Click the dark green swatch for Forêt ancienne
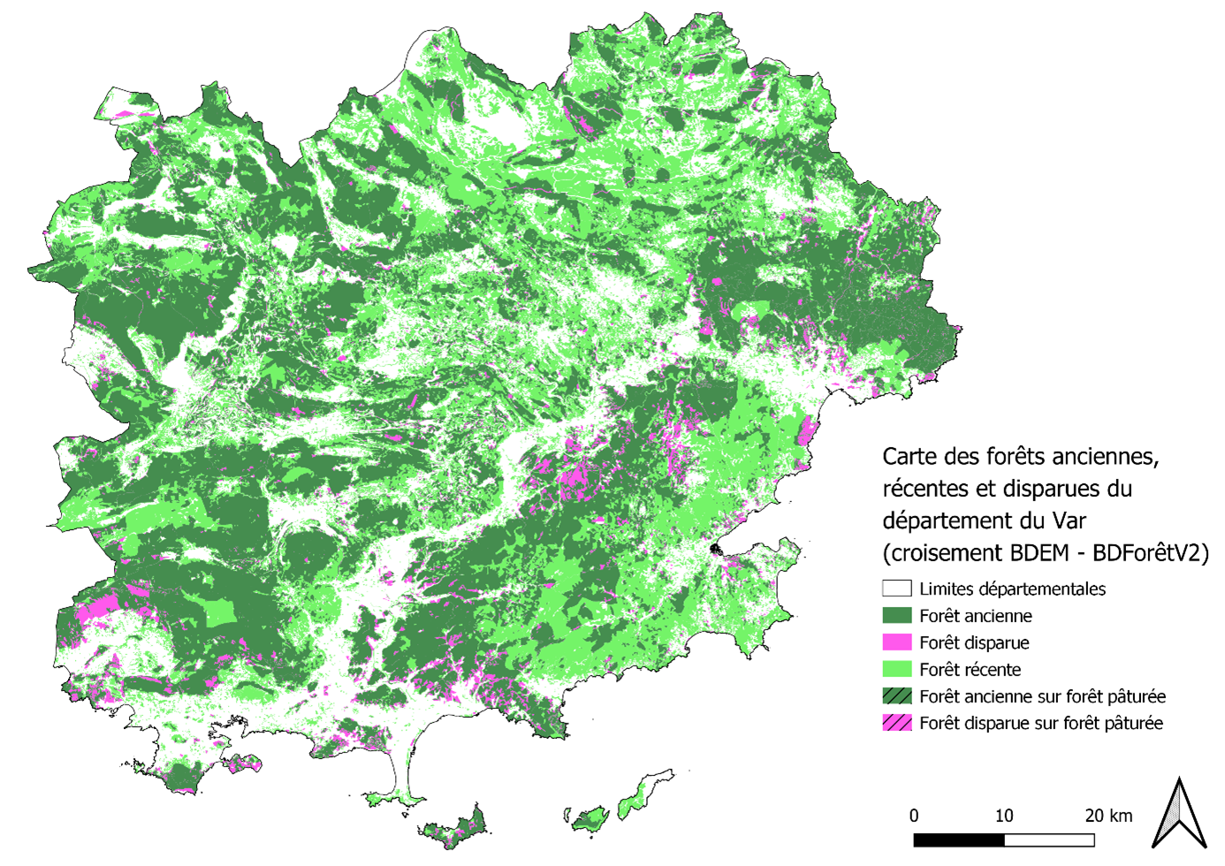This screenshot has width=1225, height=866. (x=896, y=616)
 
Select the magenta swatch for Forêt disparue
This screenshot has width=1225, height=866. (x=896, y=642)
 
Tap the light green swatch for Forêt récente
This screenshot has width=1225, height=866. (x=896, y=669)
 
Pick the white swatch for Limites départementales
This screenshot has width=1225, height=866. (x=896, y=589)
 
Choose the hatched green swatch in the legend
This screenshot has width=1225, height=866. (x=896, y=696)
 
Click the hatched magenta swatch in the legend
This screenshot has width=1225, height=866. (x=896, y=723)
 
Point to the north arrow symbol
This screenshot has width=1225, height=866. (x=1179, y=814)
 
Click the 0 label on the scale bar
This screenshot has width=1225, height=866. (x=914, y=816)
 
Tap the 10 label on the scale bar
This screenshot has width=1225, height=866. (x=1004, y=816)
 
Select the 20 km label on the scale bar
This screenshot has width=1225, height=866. (x=1108, y=816)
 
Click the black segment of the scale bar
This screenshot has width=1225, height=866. (x=959, y=839)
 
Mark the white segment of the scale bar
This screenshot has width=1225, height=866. (x=1049, y=839)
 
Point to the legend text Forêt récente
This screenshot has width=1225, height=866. (x=970, y=670)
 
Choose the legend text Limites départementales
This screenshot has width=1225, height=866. (x=1012, y=589)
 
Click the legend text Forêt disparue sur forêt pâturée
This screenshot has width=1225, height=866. (x=1040, y=724)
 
